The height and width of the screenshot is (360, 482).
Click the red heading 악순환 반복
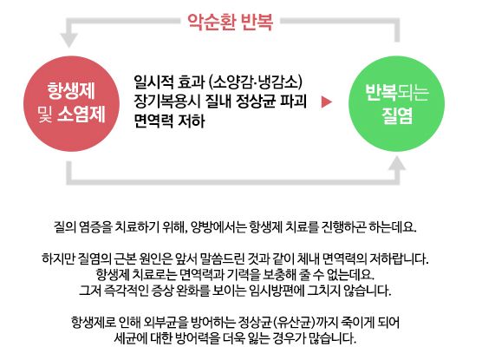coord(230,22)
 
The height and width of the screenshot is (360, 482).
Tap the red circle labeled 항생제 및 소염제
coord(71,103)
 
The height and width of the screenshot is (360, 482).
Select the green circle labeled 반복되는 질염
coord(396,103)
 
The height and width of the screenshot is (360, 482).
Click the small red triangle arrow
coord(327,102)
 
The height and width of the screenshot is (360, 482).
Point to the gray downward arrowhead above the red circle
coord(68,40)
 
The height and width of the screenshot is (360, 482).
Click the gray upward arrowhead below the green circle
coord(397,163)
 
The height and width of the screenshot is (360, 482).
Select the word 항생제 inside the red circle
coord(71,91)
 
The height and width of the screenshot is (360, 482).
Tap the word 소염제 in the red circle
coord(81,115)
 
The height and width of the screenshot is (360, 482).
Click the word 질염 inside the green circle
coord(397,116)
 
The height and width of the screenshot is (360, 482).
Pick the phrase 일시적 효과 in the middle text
coord(169,82)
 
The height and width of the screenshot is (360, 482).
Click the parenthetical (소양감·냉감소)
coord(256,82)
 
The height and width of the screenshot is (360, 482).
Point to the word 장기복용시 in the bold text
coord(167,101)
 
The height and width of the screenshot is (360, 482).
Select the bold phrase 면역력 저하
coord(169,121)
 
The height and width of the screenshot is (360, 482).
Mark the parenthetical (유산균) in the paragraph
coord(294,323)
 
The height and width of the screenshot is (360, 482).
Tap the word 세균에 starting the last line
coord(130,338)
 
